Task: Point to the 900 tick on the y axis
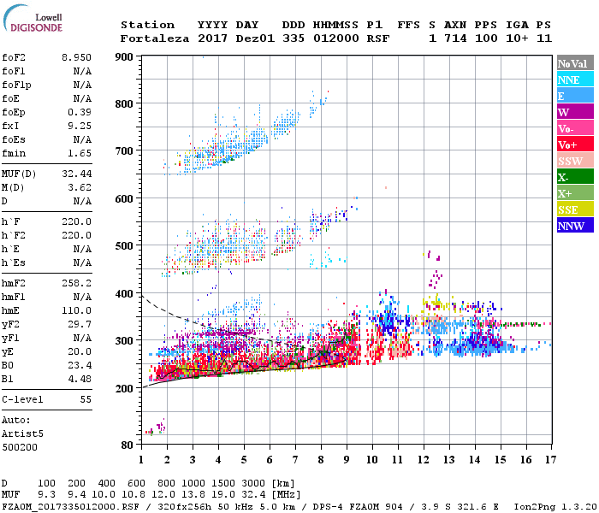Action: point(124,57)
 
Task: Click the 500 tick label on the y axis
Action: point(124,246)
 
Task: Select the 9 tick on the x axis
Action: point(347,460)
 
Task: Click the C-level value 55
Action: point(86,399)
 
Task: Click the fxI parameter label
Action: point(12,126)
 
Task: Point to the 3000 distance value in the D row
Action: point(254,483)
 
